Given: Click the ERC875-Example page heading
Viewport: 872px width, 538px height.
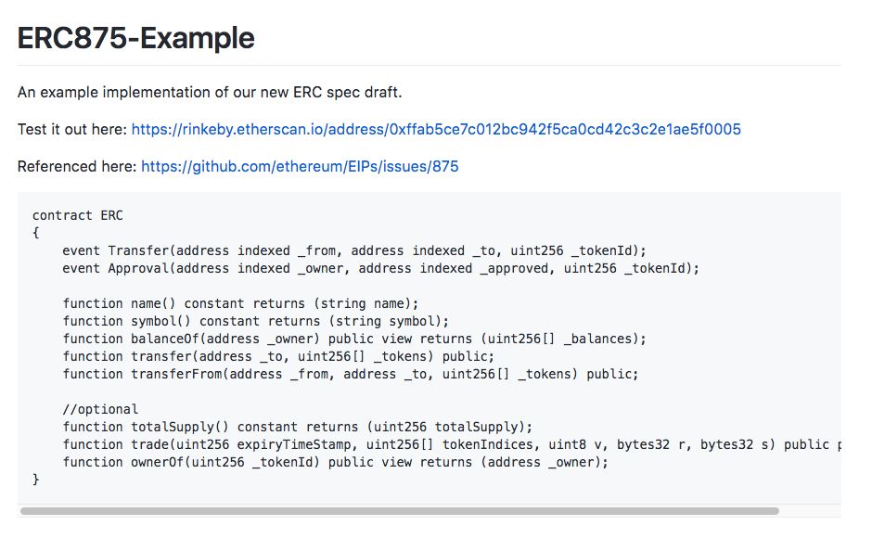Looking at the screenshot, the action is (136, 38).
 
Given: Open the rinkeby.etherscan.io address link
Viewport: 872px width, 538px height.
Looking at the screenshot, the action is (436, 130).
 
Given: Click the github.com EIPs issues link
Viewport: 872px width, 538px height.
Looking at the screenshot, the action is (300, 167).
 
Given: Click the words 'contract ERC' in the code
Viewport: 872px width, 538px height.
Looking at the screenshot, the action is (77, 216).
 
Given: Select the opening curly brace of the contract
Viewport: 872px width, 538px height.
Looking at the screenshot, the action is (36, 233).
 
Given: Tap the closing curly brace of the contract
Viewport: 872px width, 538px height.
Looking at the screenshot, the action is (36, 479).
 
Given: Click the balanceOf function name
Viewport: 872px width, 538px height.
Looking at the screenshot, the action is (165, 339).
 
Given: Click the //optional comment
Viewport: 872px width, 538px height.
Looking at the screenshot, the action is (100, 409).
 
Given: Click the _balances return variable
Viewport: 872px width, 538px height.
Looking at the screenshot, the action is (597, 339).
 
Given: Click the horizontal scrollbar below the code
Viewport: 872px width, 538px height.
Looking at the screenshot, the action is (399, 511).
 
